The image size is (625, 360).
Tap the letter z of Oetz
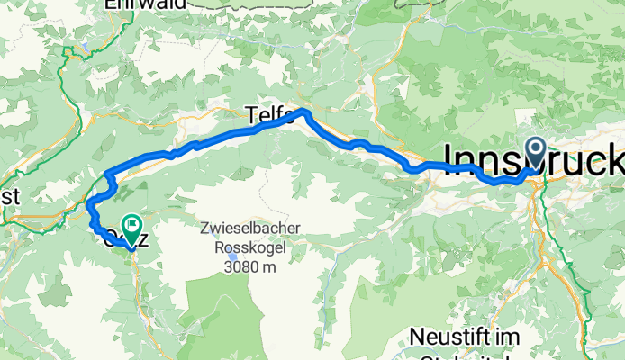coord(140,239)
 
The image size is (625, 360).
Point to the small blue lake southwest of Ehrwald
coord(83,44)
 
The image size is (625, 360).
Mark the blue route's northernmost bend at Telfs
coord(306,112)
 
